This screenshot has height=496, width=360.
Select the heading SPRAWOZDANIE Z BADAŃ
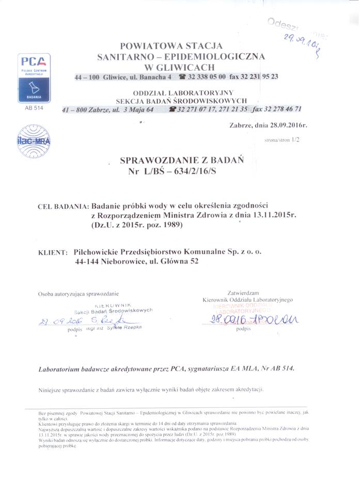click(x=174, y=161)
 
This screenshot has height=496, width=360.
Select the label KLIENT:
click(x=53, y=253)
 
